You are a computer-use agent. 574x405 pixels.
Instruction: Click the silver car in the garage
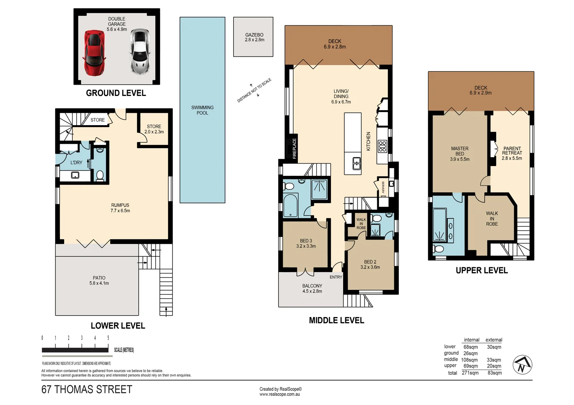click(x=140, y=51)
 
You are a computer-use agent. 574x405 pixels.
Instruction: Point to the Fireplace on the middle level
click(x=294, y=148)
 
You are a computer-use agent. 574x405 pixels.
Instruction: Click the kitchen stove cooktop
click(x=382, y=146)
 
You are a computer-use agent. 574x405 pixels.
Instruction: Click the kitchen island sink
click(x=357, y=163)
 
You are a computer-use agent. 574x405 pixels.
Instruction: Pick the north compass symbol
click(x=522, y=364)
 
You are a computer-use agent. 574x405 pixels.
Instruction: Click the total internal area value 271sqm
click(x=470, y=373)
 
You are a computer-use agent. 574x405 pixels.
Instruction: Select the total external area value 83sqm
click(x=494, y=373)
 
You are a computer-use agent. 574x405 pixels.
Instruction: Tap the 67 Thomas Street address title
click(x=87, y=390)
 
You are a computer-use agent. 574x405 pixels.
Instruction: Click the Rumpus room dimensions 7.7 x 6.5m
click(x=120, y=211)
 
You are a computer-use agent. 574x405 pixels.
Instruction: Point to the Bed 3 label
click(x=306, y=241)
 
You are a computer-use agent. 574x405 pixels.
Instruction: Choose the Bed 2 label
click(x=370, y=262)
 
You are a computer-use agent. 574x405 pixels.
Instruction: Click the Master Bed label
click(x=460, y=151)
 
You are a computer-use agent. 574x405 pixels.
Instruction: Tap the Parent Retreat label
click(x=512, y=151)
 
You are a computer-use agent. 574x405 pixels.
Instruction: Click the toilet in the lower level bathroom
click(x=100, y=175)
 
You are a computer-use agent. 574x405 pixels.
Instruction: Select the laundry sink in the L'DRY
click(x=75, y=175)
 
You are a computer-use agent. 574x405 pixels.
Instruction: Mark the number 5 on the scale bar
click(x=108, y=338)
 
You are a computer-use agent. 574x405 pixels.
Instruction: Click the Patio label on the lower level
click(x=99, y=278)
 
